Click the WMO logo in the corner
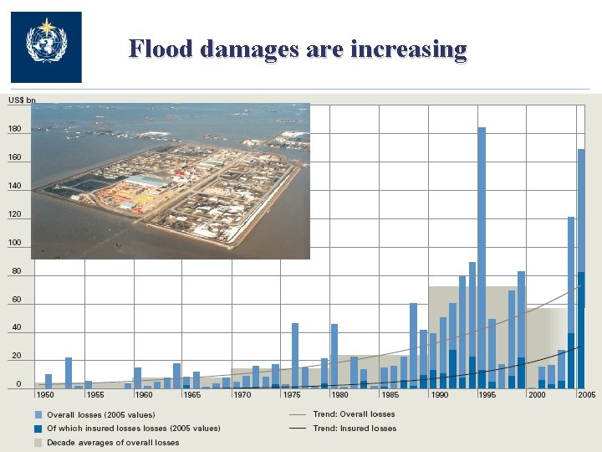point(45,46)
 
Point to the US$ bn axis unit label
point(22,100)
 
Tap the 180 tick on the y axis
point(15,129)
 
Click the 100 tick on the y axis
point(15,243)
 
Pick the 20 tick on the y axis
point(17,357)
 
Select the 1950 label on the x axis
point(45,394)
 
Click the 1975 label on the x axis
point(291,394)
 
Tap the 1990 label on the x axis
point(439,394)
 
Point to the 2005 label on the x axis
point(586,394)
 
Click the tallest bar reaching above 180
point(482,251)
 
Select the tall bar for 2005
point(581,268)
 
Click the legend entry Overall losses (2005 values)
point(100,414)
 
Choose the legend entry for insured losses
point(133,429)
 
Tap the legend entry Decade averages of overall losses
point(112,443)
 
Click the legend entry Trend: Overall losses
point(354,414)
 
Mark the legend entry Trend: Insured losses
point(354,429)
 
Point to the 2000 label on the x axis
point(537,394)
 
